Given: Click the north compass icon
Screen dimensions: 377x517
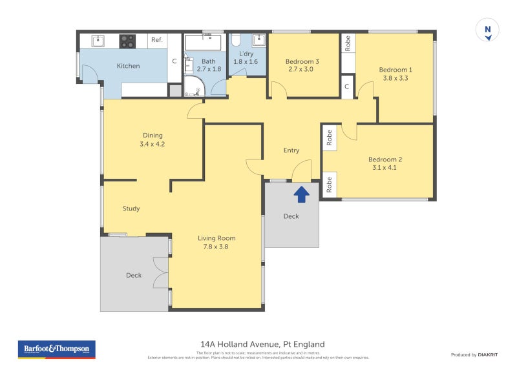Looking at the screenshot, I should point(488,30).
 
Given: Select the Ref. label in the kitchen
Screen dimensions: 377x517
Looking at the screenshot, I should point(156,40).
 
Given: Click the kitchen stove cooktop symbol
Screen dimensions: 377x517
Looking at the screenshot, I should point(128,41).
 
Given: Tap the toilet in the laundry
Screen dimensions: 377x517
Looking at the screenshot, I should point(236,40).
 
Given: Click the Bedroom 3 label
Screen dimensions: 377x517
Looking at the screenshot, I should point(302,62).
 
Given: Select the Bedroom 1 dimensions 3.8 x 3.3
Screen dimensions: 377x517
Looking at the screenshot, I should point(395,78).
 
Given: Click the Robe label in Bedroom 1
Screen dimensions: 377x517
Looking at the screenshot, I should point(348,43).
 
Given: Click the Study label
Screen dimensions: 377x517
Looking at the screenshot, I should point(131,209).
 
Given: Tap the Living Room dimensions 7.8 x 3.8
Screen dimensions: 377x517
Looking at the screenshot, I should point(216,246).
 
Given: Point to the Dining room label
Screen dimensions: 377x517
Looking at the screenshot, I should point(153,136).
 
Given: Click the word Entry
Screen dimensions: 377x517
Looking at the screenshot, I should point(291,150).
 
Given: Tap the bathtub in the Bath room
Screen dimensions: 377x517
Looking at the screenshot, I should point(203,43).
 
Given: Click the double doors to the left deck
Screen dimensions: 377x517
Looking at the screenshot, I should point(160,274).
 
